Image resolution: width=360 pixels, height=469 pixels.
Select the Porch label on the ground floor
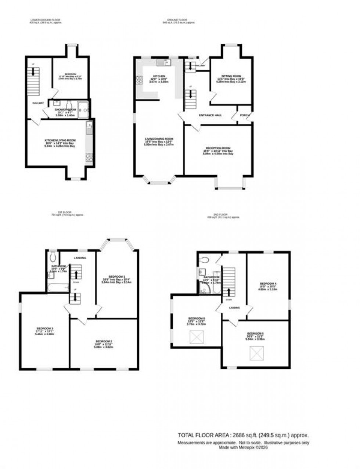point(244,115)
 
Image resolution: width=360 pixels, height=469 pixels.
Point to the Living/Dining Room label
point(159,139)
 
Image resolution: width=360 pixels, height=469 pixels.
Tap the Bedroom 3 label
point(44,328)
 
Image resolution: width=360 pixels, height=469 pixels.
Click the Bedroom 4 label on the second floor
point(268,284)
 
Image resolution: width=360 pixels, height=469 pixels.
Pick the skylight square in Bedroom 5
point(255,353)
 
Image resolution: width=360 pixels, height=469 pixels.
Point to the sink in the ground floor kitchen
point(162,63)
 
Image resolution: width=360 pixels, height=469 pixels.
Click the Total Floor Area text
point(243,435)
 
